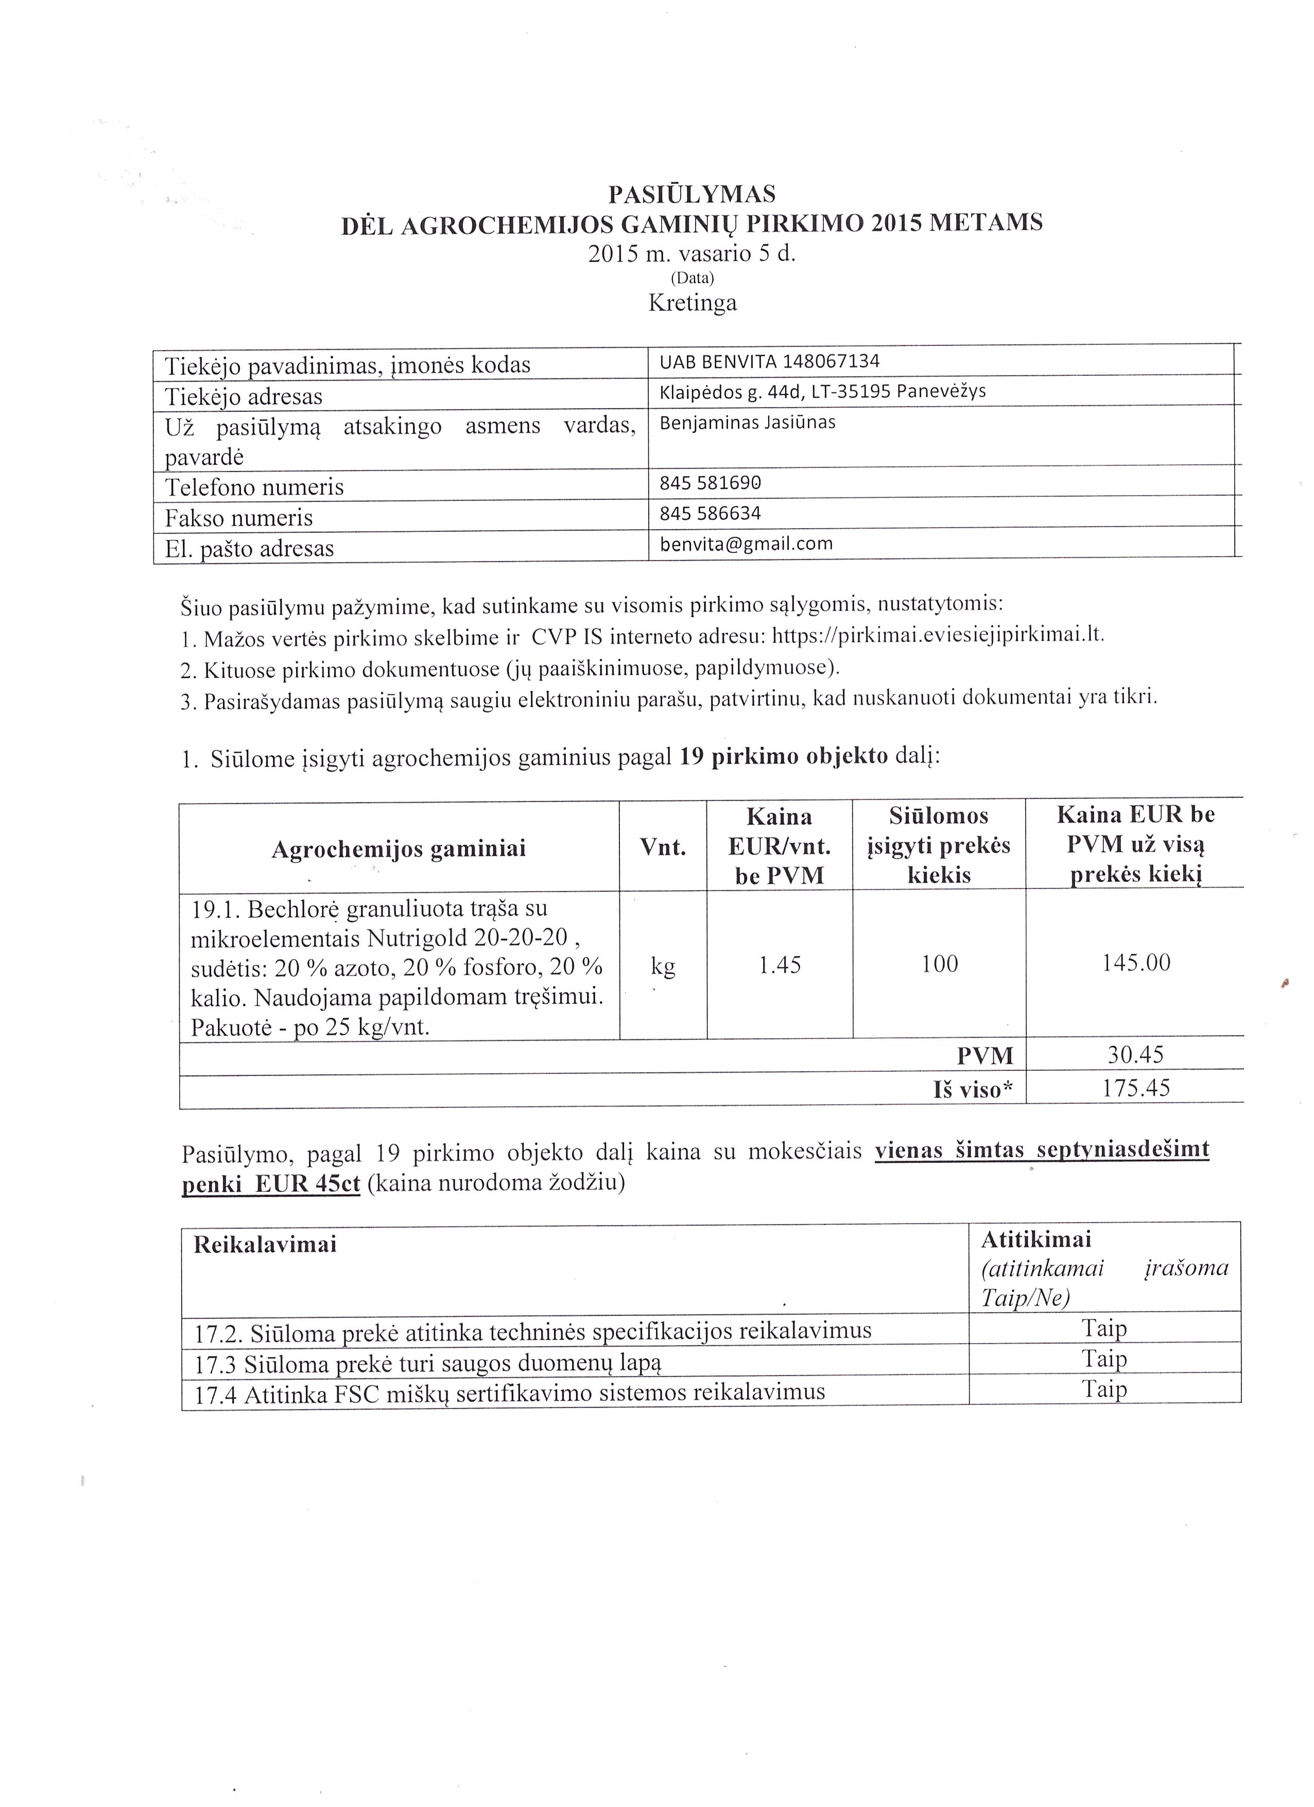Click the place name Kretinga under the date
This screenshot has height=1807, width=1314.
[x=691, y=303]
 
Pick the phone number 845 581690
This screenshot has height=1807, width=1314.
[x=710, y=483]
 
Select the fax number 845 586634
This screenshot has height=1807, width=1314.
[x=710, y=513]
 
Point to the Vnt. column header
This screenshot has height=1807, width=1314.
[x=663, y=847]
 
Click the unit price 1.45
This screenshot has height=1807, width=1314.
[x=780, y=965]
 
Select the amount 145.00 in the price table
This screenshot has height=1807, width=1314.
[x=1135, y=963]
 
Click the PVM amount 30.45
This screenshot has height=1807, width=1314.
[x=1135, y=1055]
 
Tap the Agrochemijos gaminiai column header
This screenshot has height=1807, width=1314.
[x=399, y=848]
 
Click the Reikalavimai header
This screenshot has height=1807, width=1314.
[x=265, y=1244]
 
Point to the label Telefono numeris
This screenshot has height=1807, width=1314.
[x=254, y=487]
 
